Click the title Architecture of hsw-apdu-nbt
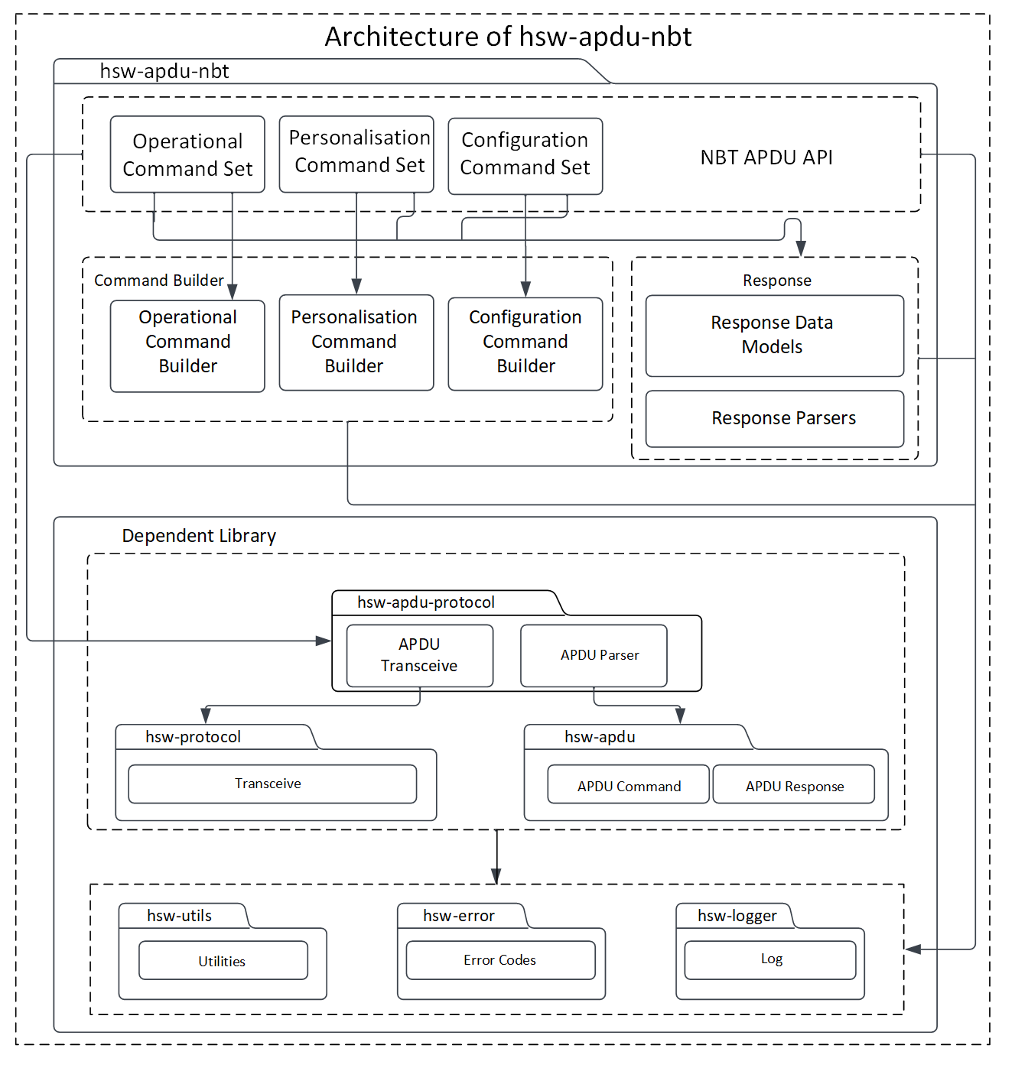tap(508, 37)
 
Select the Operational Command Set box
tap(187, 154)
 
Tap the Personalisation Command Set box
tap(356, 153)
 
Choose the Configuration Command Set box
tap(525, 155)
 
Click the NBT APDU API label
tap(766, 157)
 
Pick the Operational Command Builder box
tap(187, 346)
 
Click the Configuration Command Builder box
tap(525, 344)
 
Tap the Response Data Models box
tap(774, 336)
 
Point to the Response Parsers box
tap(774, 419)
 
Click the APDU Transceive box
tap(419, 655)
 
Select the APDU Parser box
tap(594, 655)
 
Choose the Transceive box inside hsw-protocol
tap(272, 784)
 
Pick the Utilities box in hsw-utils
tap(223, 960)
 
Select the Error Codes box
tap(500, 959)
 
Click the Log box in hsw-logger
tap(769, 959)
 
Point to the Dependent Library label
tap(199, 536)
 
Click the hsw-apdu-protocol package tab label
tap(426, 602)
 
